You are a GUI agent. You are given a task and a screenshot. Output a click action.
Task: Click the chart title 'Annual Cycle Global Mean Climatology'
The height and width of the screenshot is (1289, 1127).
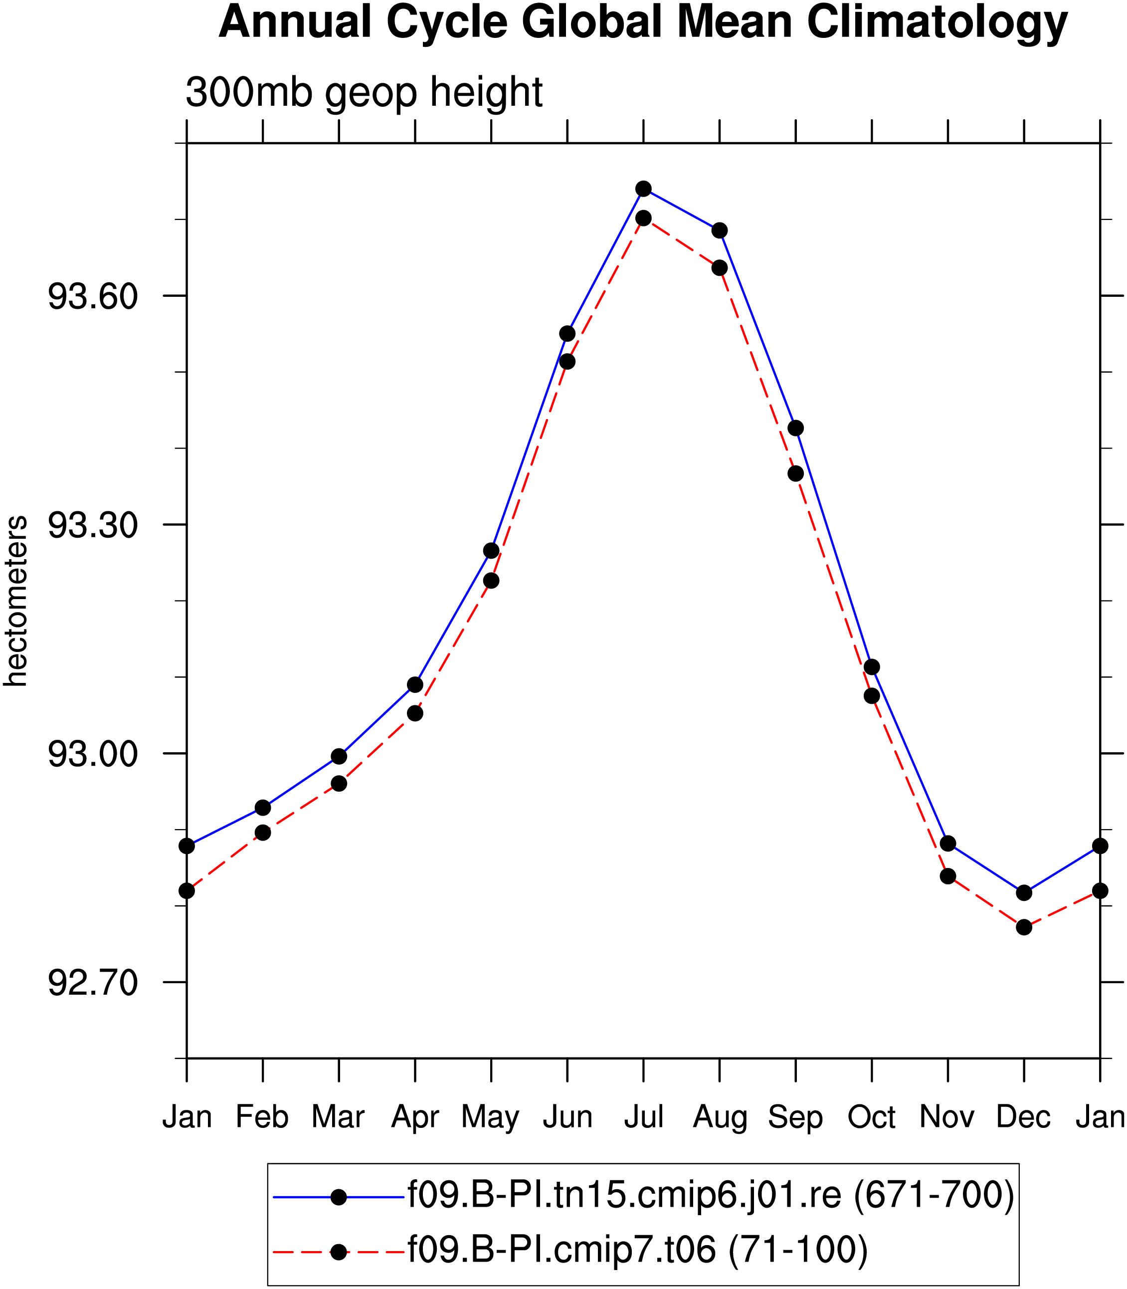643,23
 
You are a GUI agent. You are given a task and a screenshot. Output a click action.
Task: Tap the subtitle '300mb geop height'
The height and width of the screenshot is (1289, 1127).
364,92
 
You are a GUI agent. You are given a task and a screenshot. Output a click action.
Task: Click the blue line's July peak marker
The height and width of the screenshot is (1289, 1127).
643,189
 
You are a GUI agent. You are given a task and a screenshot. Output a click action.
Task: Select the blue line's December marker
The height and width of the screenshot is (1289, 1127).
1024,893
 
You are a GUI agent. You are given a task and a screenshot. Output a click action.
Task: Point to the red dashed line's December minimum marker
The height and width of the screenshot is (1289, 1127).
1024,927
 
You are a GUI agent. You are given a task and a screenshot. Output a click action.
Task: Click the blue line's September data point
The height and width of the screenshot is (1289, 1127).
795,429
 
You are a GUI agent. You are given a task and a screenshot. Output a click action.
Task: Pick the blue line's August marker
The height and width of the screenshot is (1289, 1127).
720,231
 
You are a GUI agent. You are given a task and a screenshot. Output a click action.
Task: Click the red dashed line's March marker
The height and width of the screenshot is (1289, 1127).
339,784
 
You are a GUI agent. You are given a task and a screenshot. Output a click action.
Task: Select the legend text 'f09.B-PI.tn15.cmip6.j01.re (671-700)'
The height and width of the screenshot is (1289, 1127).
711,1195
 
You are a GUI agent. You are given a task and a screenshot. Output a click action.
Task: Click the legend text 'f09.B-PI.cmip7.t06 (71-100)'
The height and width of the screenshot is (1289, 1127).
638,1249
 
